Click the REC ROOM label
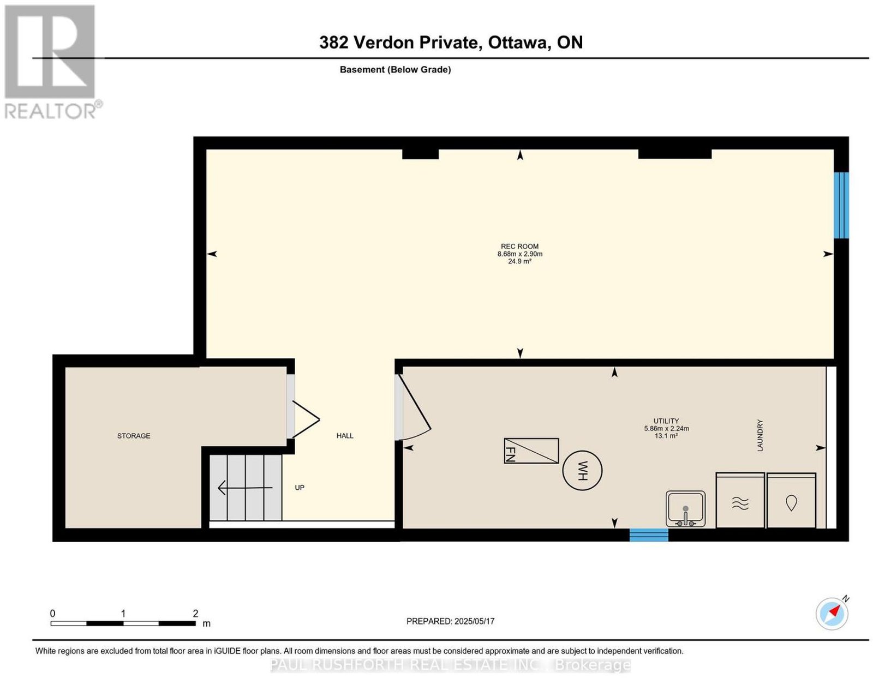point(519,247)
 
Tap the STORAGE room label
point(134,436)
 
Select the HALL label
point(345,436)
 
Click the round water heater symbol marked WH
point(582,471)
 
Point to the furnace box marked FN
point(531,451)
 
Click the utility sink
point(685,509)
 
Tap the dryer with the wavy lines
point(740,500)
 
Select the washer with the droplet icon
point(791,500)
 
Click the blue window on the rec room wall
point(841,205)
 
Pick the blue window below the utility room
point(648,535)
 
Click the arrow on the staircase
point(245,488)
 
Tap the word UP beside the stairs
point(300,488)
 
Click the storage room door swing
point(306,419)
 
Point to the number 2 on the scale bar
point(195,614)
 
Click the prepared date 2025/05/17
point(474,621)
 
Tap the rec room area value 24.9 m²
point(519,261)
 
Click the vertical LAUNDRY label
point(760,435)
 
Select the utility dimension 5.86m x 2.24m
point(667,428)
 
